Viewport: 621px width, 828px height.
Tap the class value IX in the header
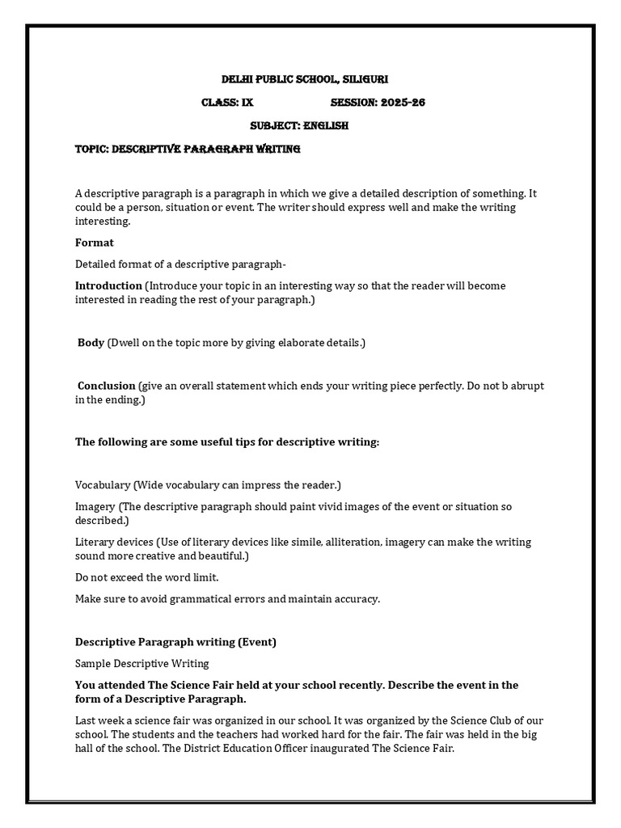pos(247,103)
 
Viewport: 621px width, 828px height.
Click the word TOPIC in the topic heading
pos(91,150)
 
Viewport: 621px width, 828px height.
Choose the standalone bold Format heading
pos(94,243)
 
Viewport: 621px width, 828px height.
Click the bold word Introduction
pos(108,285)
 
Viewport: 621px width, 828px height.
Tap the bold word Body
pos(91,343)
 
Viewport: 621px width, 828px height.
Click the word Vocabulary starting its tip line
pos(103,485)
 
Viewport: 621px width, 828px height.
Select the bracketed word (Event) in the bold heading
pos(257,642)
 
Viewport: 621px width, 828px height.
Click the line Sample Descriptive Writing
pos(142,663)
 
